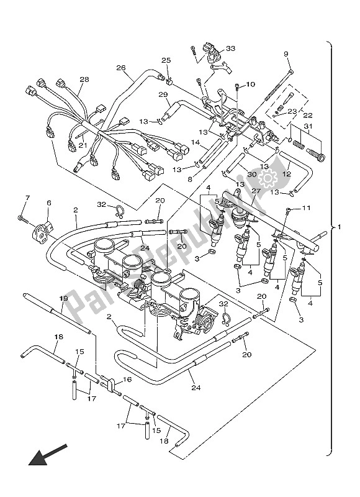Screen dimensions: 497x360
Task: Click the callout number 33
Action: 231,48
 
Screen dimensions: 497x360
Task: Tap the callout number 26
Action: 120,68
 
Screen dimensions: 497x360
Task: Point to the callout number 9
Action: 287,54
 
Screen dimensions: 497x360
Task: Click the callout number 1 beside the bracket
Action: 339,226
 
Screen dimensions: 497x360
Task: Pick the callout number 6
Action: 49,203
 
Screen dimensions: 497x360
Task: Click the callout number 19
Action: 63,299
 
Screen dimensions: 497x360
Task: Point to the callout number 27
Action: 255,191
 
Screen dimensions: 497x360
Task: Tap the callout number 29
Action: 163,94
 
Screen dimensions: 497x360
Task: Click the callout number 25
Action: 166,60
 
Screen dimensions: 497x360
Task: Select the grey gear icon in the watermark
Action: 268,180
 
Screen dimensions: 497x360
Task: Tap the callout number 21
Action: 81,145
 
